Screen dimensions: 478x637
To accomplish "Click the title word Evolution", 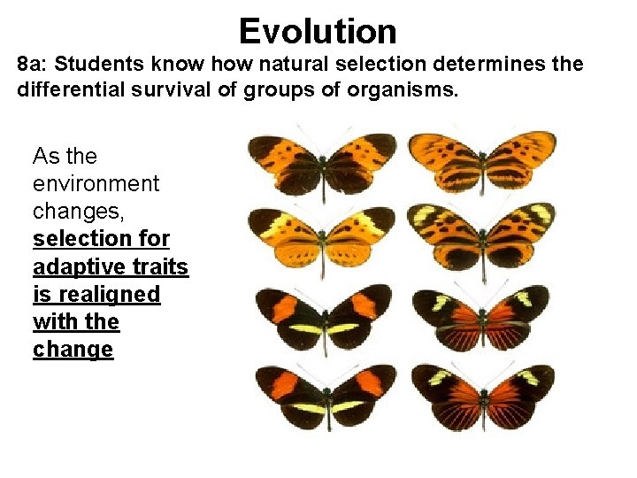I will (318, 32).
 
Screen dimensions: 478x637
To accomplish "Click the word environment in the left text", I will (96, 184).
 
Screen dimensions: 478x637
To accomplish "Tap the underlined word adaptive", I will (75, 266).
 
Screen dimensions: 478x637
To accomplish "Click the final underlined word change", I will (73, 349).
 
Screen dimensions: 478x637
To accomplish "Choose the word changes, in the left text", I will (70, 212).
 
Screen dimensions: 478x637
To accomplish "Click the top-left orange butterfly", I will (323, 163).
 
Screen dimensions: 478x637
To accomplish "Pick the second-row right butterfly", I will (482, 235).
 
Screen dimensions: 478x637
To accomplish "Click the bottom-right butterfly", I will (482, 396).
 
